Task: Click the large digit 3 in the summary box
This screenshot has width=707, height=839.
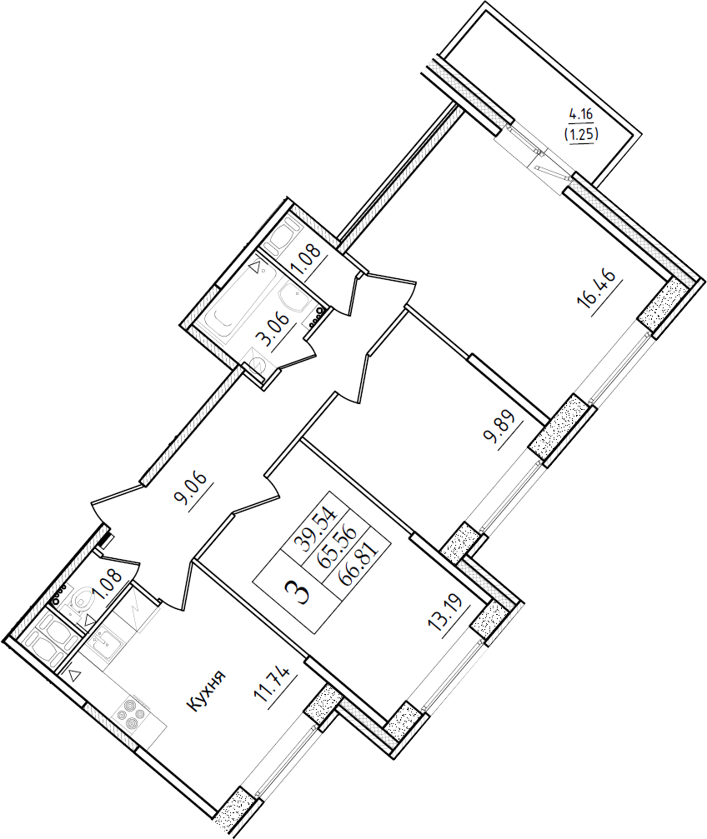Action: point(298,592)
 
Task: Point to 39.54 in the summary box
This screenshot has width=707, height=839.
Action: point(319,526)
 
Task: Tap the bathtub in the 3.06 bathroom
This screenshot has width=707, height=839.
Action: point(241,300)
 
